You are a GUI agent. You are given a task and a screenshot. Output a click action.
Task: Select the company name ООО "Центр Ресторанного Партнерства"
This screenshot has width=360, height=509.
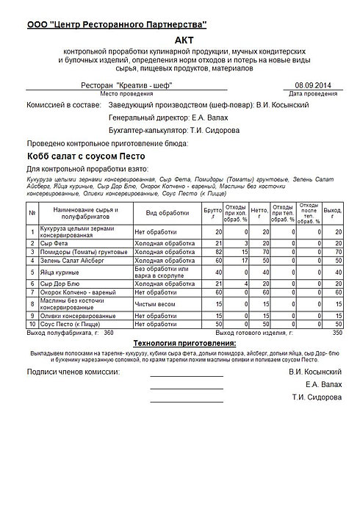point(117,25)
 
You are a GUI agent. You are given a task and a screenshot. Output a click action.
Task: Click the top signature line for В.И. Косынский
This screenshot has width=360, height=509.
point(187,375)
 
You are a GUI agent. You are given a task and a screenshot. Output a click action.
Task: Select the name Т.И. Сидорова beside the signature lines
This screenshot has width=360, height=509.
point(316,397)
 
